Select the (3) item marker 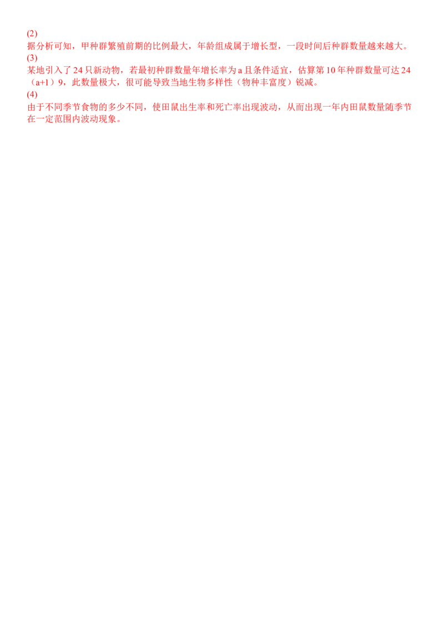pyautogui.click(x=32, y=58)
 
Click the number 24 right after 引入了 pyautogui.click(x=77, y=70)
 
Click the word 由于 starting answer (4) pyautogui.click(x=34, y=107)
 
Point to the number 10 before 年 pyautogui.click(x=330, y=70)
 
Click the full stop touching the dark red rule pyautogui.click(x=118, y=120)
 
